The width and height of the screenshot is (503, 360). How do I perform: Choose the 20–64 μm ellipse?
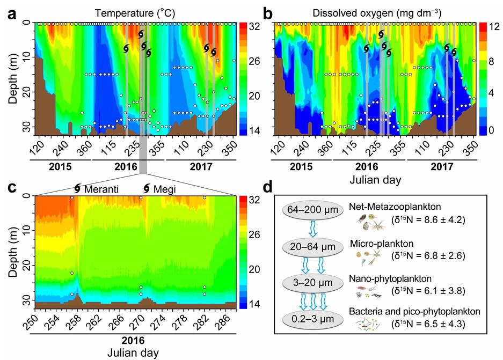point(319,245)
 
